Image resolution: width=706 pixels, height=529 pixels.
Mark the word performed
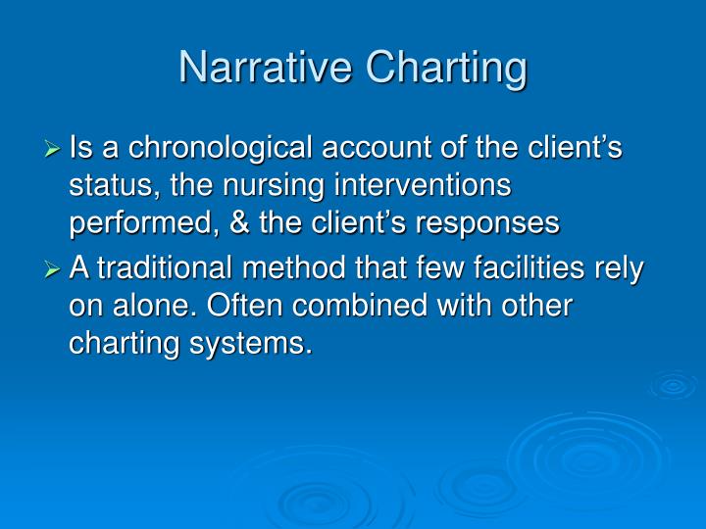[137, 222]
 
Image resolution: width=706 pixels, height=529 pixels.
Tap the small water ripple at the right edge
[674, 384]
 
